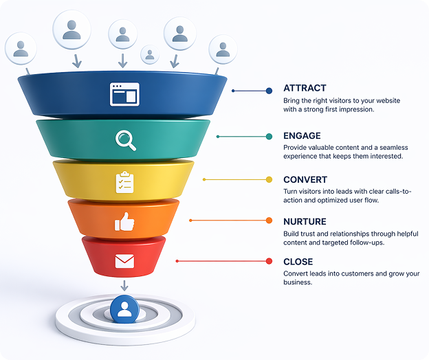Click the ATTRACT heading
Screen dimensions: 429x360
click(305, 88)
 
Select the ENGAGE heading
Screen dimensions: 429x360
click(302, 135)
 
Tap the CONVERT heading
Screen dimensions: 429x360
click(305, 179)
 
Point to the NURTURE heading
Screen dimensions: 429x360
click(305, 221)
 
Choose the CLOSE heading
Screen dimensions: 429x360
click(298, 262)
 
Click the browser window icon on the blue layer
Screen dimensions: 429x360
click(124, 94)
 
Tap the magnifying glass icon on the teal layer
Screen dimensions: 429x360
click(126, 140)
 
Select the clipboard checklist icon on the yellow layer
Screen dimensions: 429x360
click(124, 182)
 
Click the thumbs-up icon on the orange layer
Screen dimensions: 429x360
click(124, 222)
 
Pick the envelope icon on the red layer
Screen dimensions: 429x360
click(124, 261)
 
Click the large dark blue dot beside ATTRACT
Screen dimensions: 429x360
click(269, 91)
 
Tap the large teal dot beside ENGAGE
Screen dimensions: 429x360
click(269, 137)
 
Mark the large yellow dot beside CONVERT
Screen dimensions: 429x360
click(269, 179)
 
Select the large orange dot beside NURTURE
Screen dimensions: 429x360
click(269, 221)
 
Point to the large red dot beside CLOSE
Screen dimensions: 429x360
click(269, 261)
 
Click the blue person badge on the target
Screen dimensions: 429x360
click(124, 309)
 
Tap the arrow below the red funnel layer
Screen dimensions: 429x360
click(124, 286)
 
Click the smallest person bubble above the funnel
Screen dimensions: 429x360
click(150, 54)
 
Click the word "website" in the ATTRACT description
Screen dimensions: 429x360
click(388, 100)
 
